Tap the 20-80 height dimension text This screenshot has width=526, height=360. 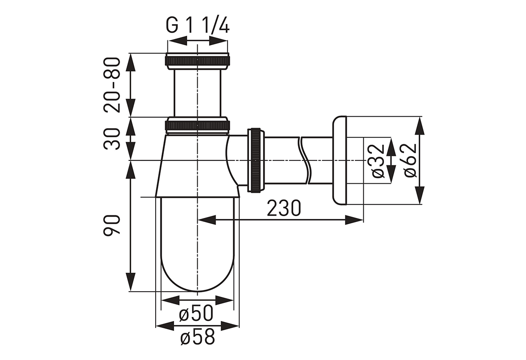[x=112, y=85]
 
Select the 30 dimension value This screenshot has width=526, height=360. [x=112, y=139]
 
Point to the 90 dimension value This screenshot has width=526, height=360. [x=112, y=225]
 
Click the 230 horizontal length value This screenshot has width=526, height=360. [x=284, y=208]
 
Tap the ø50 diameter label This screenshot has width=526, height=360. [x=196, y=314]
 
